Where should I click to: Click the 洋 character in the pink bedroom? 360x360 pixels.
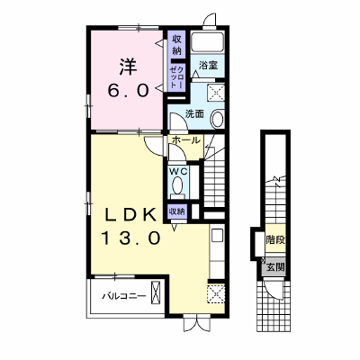[129, 67]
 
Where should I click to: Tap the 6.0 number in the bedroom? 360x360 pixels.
[129, 91]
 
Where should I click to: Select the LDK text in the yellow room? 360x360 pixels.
[130, 215]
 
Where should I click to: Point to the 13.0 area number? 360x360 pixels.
[130, 238]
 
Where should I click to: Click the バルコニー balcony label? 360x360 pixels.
[124, 297]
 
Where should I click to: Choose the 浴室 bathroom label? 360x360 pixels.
[208, 66]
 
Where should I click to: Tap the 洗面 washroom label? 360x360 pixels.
[194, 113]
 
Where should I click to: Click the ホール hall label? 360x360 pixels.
[186, 139]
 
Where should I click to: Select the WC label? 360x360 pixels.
[178, 172]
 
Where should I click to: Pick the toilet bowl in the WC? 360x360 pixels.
[177, 186]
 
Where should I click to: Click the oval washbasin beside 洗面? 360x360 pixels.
[217, 119]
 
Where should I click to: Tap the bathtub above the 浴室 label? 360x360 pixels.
[208, 42]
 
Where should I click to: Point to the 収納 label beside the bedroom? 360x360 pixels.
[176, 45]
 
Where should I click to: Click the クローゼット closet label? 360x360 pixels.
[176, 77]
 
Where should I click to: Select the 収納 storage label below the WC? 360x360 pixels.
[176, 211]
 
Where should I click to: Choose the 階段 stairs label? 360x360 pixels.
[275, 240]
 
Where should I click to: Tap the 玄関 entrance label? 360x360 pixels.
[275, 266]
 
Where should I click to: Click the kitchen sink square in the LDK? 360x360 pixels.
[217, 236]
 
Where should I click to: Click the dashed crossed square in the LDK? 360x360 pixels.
[215, 293]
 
